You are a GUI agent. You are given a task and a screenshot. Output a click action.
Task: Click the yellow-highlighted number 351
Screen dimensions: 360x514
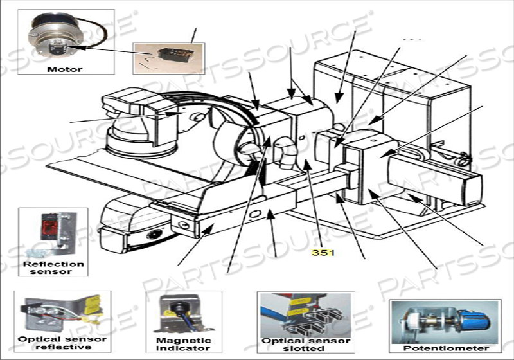click(x=323, y=252)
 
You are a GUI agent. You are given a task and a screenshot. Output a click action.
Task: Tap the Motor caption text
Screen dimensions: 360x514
click(x=65, y=68)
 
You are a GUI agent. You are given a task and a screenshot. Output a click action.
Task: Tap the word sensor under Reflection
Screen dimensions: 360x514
click(x=53, y=272)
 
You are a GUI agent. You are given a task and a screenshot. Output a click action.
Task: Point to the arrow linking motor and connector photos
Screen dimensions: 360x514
click(x=109, y=48)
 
